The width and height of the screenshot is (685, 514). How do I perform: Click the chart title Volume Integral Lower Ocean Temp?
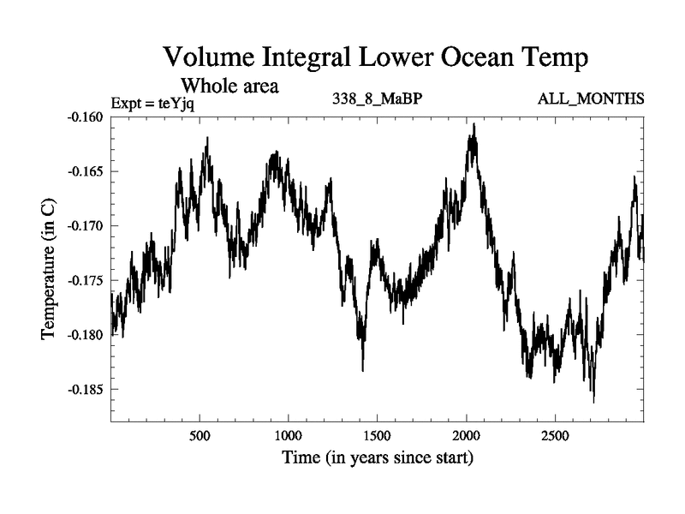click(376, 59)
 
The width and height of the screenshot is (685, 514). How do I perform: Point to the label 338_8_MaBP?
click(377, 99)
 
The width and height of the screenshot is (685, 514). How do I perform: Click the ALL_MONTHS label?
click(591, 99)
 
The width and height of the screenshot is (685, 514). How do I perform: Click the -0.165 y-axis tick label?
click(86, 171)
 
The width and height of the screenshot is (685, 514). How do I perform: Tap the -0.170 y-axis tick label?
click(86, 225)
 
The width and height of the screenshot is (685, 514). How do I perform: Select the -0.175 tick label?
click(86, 280)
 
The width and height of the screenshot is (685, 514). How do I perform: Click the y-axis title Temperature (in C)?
click(49, 266)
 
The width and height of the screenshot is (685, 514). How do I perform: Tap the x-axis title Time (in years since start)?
click(378, 458)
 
